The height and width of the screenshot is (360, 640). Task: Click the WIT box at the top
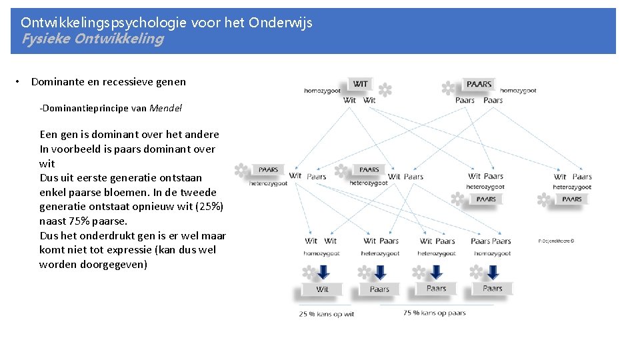tap(360, 84)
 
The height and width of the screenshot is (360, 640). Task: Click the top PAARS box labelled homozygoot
tap(479, 84)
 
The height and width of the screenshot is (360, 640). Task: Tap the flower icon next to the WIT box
tap(385, 89)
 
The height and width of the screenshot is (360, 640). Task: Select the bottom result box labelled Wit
tap(323, 289)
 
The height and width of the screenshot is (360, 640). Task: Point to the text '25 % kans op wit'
tap(327, 314)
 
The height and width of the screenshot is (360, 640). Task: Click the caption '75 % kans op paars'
tap(434, 313)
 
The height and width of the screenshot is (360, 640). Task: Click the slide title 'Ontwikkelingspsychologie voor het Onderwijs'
tap(167, 23)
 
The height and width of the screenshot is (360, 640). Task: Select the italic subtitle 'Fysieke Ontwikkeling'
tap(93, 39)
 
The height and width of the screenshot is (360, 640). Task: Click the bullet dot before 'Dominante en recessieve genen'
tap(21, 82)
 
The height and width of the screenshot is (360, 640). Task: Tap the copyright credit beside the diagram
tap(556, 241)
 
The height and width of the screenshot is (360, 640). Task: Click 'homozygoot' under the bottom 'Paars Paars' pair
tap(491, 253)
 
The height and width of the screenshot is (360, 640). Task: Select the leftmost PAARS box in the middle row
tap(268, 170)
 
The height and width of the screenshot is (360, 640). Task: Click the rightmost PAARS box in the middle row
tap(572, 199)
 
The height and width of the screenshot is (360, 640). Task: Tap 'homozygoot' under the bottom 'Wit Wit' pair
tap(321, 253)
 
